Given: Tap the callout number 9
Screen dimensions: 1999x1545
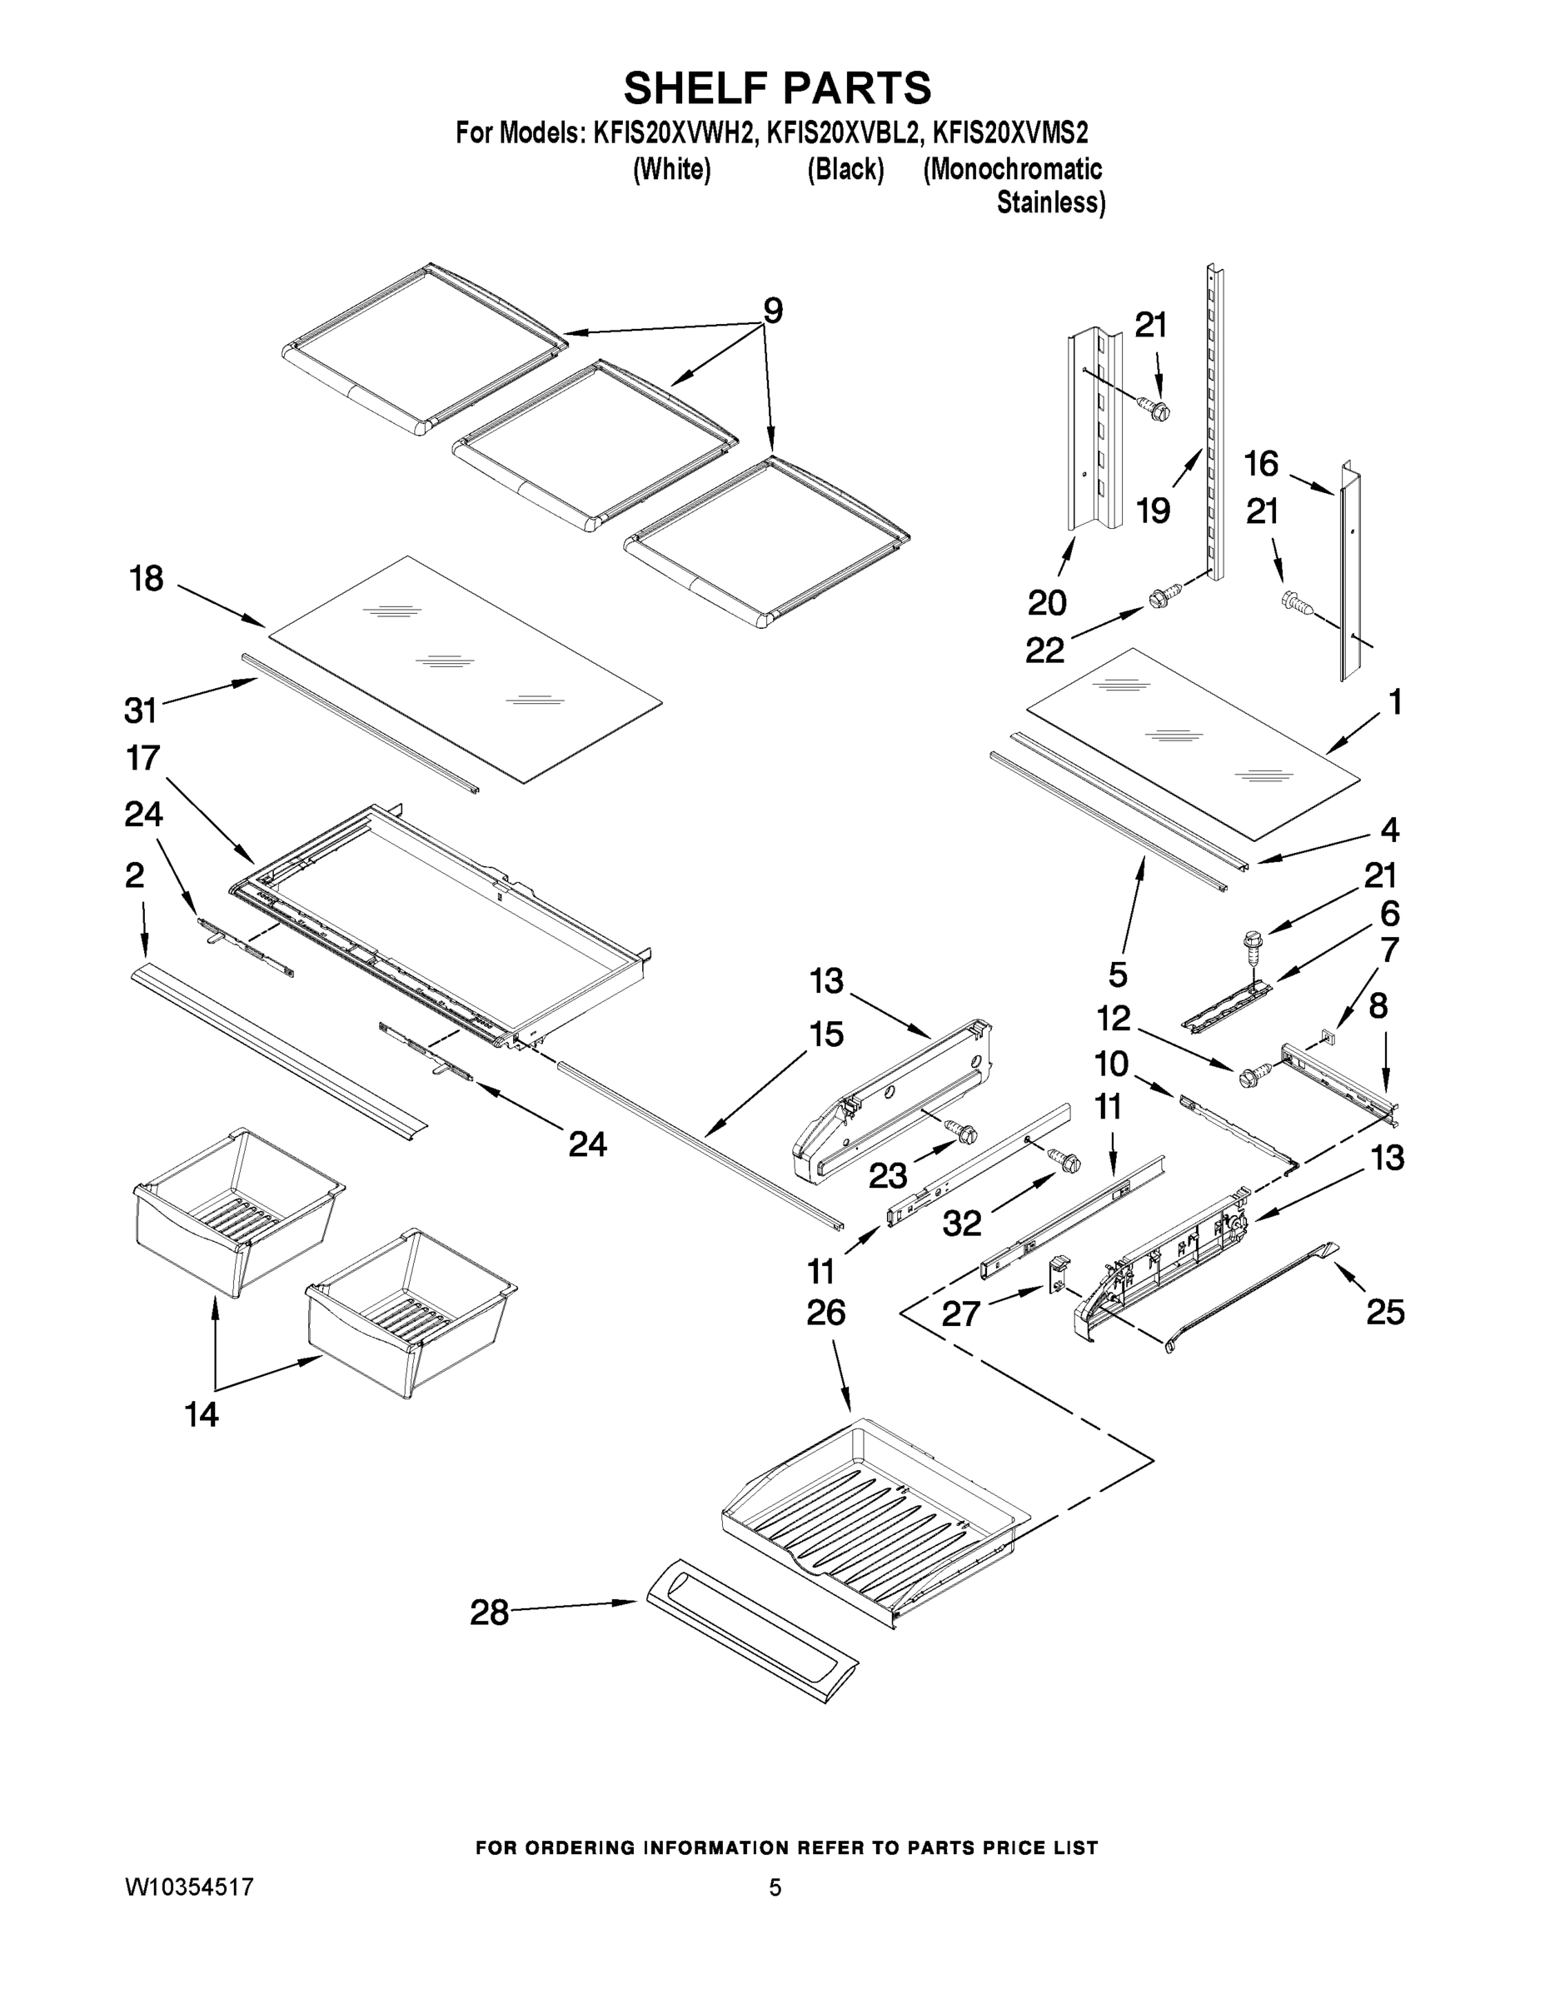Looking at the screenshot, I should coord(773,312).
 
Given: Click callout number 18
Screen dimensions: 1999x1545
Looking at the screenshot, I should coord(147,579).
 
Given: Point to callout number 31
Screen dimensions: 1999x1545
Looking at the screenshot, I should coord(141,710).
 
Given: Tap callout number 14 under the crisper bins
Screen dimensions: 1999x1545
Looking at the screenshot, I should coord(202,1414).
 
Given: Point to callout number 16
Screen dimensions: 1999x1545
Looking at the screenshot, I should coord(1260,464).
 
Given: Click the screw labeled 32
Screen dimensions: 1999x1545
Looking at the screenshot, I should coord(1065,1159).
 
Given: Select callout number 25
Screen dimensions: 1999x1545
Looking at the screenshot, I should coord(1385,1313).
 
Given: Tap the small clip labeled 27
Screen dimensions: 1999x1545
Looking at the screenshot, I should coord(1058,1271).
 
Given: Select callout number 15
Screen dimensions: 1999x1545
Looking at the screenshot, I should coord(825,1034).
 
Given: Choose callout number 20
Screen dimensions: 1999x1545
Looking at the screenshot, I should coord(1047,602).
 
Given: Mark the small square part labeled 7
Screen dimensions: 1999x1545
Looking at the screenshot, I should coord(1326,1036).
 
